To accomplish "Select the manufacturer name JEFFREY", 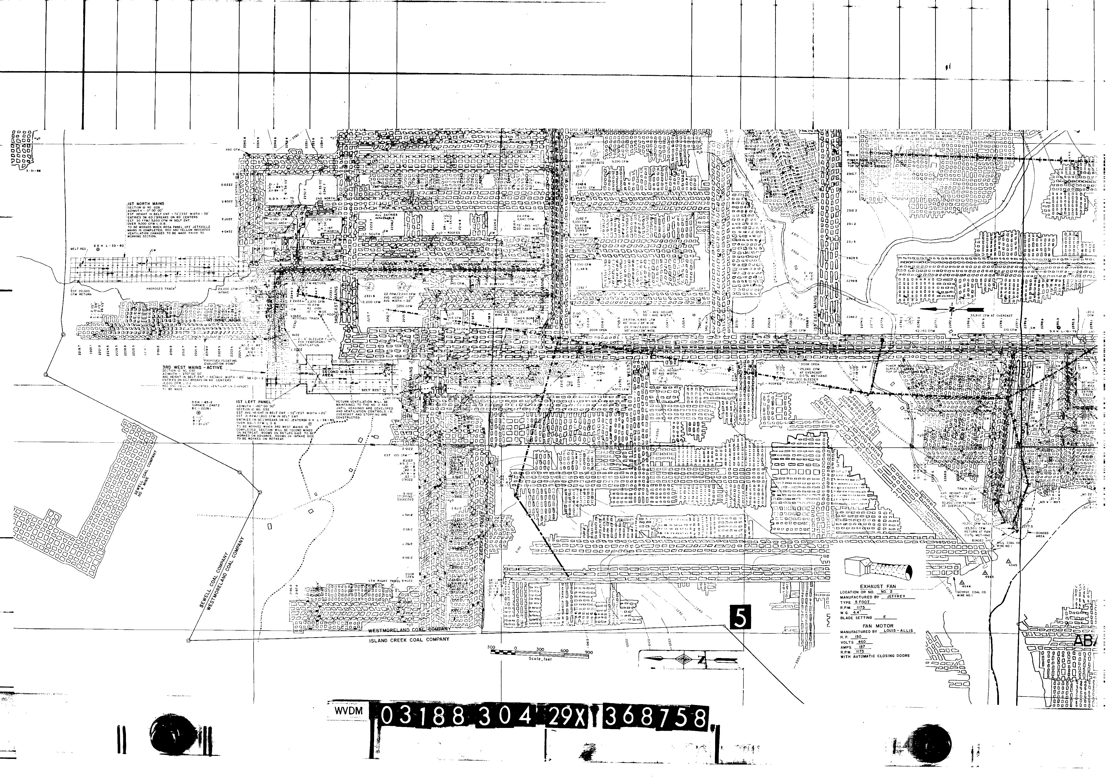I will pos(896,596).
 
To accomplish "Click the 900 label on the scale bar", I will pos(588,653).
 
